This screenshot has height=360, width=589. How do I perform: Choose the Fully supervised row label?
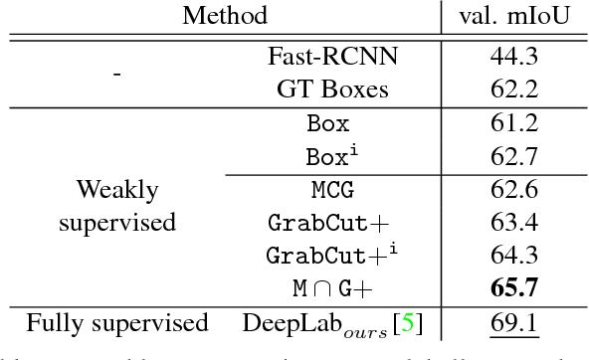point(116,323)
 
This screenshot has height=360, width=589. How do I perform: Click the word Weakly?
point(116,189)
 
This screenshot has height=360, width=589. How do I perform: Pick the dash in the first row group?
point(116,73)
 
